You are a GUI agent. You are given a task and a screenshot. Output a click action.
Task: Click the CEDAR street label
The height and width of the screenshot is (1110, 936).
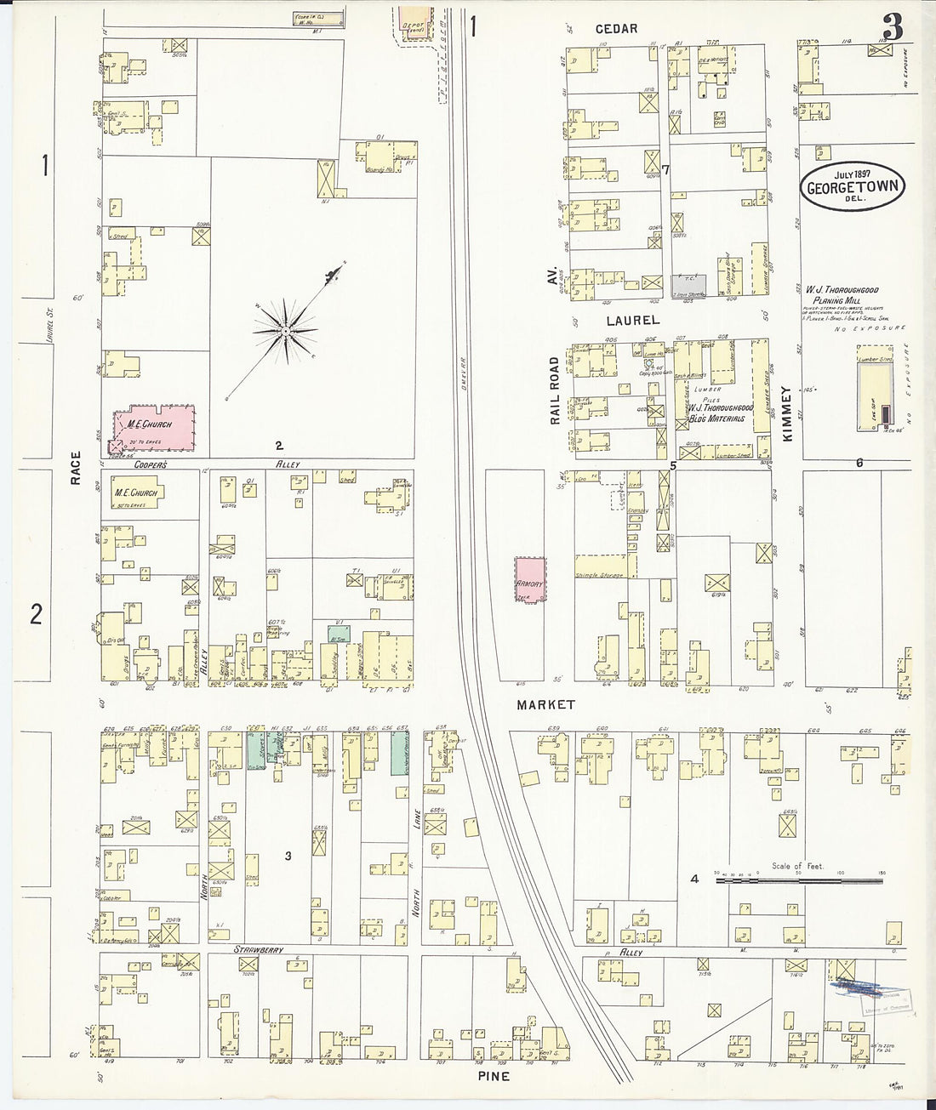coord(617,29)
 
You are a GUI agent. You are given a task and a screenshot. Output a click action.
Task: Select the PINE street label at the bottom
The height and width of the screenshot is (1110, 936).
coord(494,1076)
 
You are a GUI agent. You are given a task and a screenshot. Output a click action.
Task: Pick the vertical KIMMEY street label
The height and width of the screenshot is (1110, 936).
coord(787,414)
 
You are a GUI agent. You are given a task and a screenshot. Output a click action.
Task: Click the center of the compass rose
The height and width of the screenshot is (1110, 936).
coord(287,328)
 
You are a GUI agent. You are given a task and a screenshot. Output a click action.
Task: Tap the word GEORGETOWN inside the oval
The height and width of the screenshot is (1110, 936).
coord(852,188)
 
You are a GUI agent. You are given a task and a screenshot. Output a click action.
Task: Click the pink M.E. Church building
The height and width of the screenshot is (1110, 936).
coord(154,425)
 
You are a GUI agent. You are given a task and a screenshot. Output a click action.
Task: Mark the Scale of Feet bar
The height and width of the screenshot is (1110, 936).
coord(798,882)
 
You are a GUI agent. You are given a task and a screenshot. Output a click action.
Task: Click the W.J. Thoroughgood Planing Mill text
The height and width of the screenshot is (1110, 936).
coord(842,294)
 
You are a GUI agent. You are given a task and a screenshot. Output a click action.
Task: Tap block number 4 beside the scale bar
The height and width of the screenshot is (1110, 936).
coord(694,879)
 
